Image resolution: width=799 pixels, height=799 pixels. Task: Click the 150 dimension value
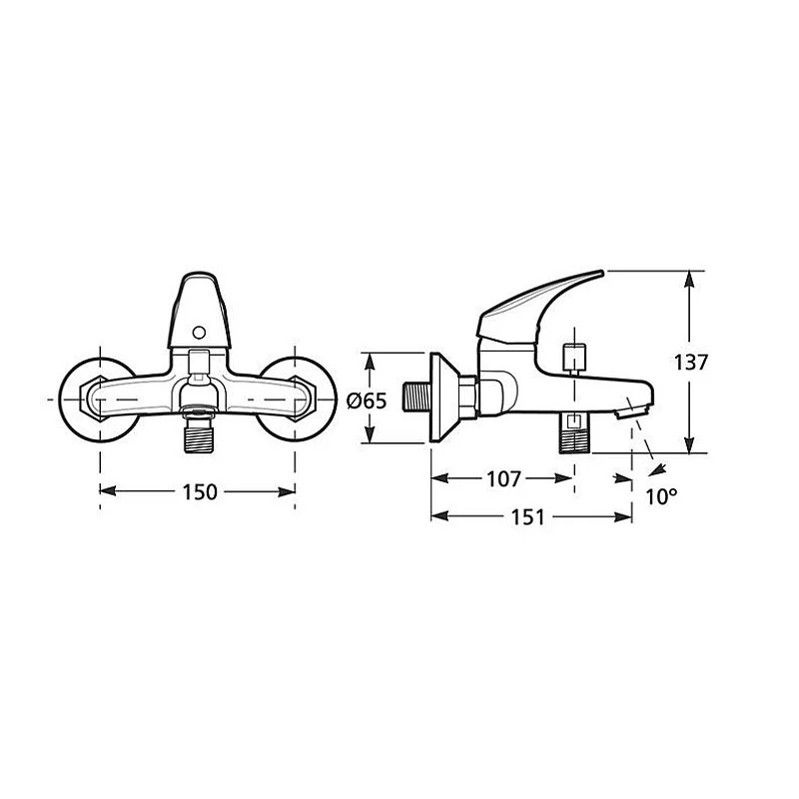pos(200,491)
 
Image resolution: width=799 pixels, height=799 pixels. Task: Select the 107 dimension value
pos(504,479)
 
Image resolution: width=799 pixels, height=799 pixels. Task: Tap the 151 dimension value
pos(528,517)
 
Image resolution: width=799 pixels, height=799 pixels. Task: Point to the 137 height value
pos(690,363)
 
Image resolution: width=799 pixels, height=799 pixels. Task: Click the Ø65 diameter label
pos(367,401)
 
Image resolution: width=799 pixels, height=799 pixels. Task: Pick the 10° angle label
pos(661,496)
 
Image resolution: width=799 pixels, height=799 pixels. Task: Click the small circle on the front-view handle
pos(199,334)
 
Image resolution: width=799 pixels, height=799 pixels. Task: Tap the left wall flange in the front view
pos(98,400)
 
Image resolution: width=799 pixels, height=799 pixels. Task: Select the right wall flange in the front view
pos(297,400)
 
